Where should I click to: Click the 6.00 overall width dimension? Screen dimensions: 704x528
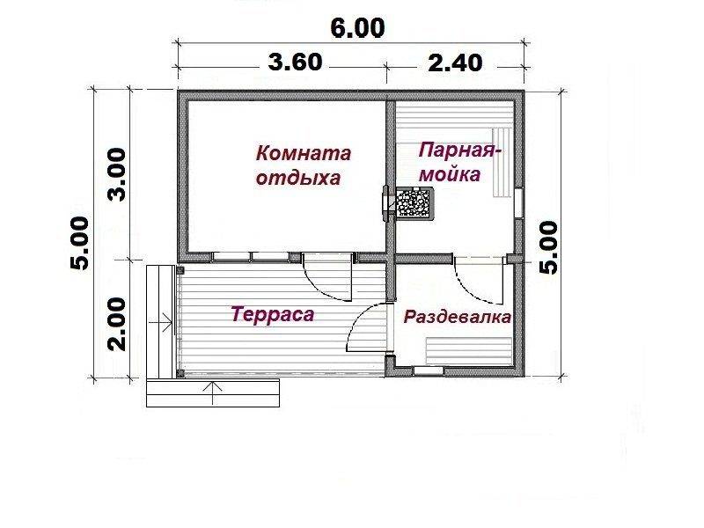tap(357, 28)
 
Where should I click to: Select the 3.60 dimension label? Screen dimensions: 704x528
tap(295, 62)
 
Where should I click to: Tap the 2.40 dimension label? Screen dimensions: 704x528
tap(455, 62)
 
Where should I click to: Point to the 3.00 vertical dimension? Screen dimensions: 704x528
tap(117, 174)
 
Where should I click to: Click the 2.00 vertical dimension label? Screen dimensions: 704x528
tap(117, 324)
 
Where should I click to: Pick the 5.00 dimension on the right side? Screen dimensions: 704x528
tap(548, 247)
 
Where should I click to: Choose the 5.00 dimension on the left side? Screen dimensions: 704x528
tap(79, 243)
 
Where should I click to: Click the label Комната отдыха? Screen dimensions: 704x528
tap(303, 165)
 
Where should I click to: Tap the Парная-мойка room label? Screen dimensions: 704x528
tap(459, 162)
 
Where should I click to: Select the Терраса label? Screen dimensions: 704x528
tap(273, 314)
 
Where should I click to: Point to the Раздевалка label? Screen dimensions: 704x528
tap(457, 317)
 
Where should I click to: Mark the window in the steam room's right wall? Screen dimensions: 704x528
tap(518, 203)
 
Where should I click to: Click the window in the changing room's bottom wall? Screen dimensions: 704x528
tap(429, 370)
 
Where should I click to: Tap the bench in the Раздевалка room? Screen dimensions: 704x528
tap(469, 350)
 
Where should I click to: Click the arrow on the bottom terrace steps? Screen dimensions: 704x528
tap(214, 392)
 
